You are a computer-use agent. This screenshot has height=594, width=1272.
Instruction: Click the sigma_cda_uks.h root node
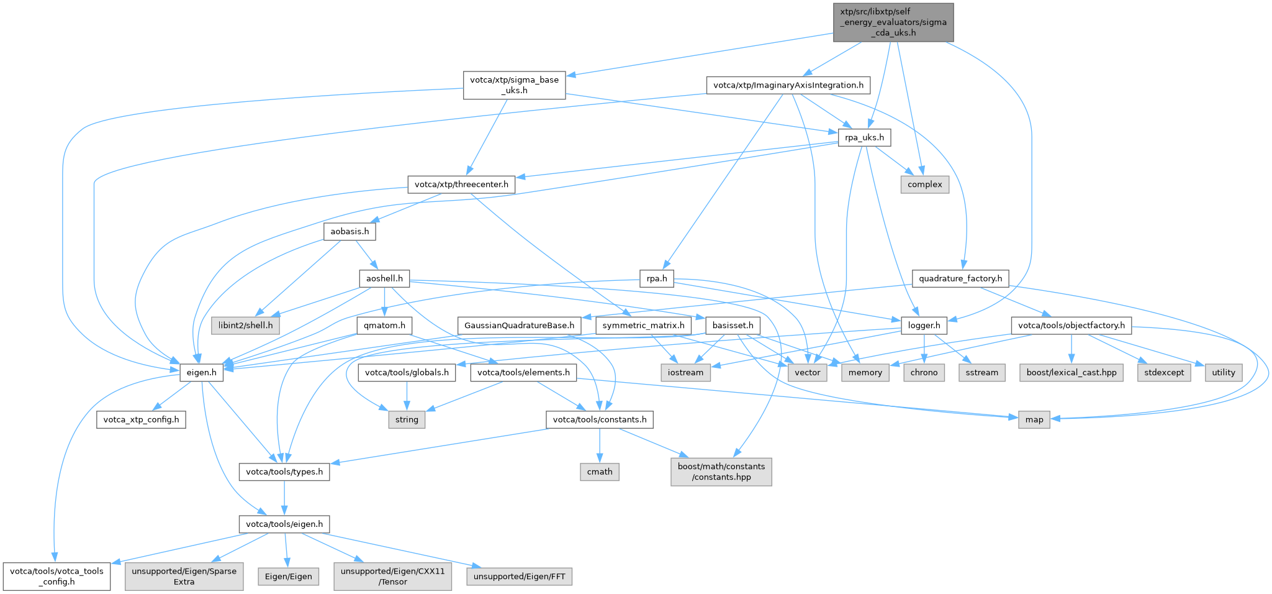coord(893,22)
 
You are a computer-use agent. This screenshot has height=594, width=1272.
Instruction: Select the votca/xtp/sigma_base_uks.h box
coord(514,85)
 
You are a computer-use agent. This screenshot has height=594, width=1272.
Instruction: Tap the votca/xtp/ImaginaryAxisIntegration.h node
coord(788,85)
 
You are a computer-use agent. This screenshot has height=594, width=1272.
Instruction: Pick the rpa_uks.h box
coord(865,137)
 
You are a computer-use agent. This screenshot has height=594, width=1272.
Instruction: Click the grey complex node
coord(924,185)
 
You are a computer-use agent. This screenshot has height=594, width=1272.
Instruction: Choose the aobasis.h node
coord(350,232)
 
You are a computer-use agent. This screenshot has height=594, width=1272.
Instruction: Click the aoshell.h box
coord(384,278)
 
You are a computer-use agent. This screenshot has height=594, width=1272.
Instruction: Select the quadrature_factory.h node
coord(960,278)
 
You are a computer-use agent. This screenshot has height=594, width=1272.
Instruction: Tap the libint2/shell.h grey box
coord(245,326)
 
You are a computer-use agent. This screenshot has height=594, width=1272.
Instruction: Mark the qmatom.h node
coord(385,326)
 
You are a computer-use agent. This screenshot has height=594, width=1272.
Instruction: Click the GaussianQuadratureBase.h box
coord(519,326)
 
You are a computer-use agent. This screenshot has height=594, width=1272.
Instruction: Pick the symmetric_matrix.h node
coord(643,326)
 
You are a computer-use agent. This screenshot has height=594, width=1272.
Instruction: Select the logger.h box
coord(924,326)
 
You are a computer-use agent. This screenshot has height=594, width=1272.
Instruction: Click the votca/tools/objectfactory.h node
coord(1071,326)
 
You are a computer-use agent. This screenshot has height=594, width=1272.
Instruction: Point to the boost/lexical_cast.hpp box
coord(1071,373)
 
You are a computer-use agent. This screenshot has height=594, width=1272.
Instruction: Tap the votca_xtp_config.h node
coord(141,420)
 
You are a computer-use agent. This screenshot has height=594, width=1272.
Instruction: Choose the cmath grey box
coord(600,472)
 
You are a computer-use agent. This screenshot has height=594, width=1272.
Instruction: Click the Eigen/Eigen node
coord(288,577)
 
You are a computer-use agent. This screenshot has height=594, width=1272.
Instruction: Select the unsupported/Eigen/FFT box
coord(519,577)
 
